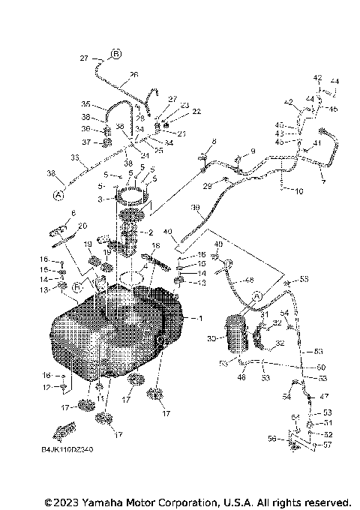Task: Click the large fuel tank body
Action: point(112,330)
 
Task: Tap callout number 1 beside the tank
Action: point(199,319)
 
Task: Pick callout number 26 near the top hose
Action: point(133,75)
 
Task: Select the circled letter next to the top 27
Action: point(116,54)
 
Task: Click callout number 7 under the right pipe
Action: point(323,181)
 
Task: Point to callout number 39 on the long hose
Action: point(196,207)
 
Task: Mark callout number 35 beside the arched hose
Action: point(86,104)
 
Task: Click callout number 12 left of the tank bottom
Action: point(45,387)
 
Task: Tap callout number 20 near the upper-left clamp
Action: point(82,226)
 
